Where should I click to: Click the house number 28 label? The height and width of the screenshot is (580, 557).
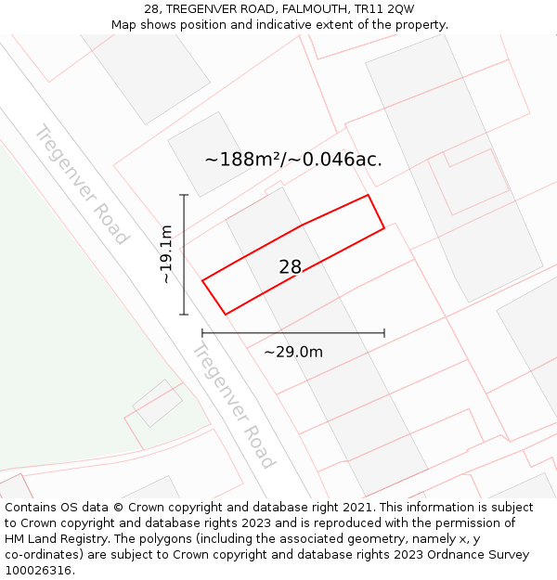[x=290, y=267]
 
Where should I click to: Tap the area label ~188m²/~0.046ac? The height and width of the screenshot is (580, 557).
[x=292, y=160]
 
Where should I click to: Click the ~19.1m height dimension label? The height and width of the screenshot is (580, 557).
[x=166, y=254]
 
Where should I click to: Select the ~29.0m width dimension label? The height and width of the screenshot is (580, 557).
[x=293, y=352]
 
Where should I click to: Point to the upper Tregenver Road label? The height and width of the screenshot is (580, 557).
[x=81, y=184]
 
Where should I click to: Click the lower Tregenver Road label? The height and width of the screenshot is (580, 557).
[x=233, y=405]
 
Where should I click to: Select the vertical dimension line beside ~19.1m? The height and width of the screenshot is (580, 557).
[x=184, y=254]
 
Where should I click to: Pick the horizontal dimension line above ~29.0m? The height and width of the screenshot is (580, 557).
[x=292, y=332]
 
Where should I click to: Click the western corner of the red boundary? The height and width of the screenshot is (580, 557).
[x=202, y=279]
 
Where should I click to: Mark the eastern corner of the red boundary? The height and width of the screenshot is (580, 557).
[x=384, y=227]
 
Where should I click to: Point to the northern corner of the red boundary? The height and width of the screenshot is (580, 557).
[x=369, y=195]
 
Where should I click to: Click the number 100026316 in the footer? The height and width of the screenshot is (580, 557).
[x=38, y=571]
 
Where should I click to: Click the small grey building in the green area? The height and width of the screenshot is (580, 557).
[x=157, y=402]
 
